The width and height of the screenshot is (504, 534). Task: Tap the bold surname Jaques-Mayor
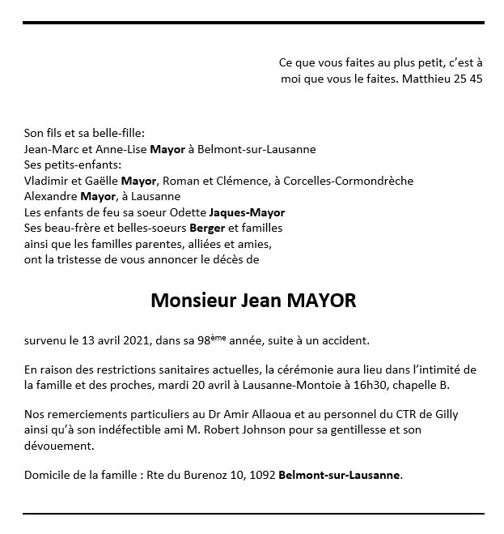249,212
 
